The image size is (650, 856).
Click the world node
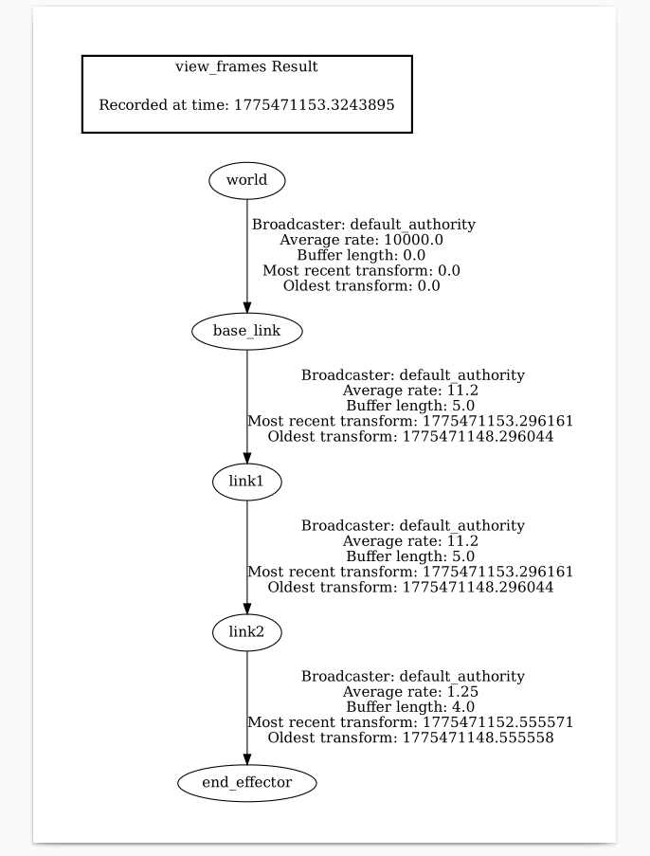246,180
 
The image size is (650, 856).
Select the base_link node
246,331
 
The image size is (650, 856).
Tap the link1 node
246,482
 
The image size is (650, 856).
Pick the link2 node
246,632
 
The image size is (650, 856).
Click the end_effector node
246,783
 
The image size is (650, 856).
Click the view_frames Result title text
246,67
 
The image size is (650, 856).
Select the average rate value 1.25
464,692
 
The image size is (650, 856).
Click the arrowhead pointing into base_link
246,307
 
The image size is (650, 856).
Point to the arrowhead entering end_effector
246,758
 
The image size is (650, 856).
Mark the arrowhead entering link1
246,458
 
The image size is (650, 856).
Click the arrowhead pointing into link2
246,609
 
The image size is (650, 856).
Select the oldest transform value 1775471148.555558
478,738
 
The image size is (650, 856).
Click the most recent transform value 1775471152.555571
497,722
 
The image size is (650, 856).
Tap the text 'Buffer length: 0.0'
361,255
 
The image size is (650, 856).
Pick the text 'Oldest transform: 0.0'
361,285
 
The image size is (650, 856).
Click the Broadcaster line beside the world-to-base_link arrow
363,225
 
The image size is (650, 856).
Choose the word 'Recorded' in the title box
131,105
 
